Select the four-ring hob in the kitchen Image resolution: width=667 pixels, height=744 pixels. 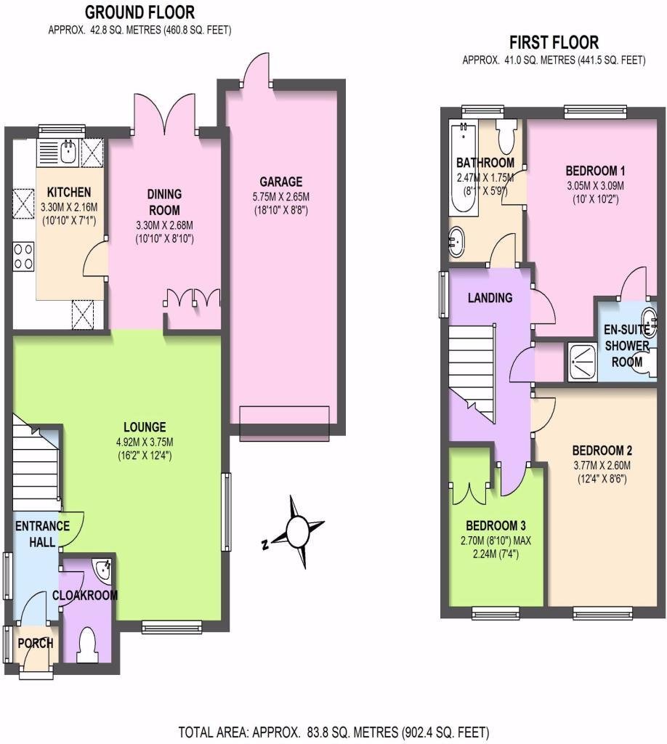pos(23,256)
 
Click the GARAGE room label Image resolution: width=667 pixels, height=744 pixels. pos(281,181)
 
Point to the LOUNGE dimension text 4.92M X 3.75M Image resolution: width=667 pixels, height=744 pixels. pos(145,442)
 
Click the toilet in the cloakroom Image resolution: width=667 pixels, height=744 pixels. pos(87,645)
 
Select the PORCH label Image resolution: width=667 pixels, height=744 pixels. pos(36,644)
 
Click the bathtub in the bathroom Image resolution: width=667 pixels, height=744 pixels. pos(464,169)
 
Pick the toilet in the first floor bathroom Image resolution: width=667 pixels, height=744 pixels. pos(505,135)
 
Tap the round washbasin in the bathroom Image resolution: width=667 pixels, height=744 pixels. pos(457,242)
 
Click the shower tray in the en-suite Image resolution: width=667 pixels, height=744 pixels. pos(583,362)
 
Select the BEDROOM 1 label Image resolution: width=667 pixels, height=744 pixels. pos(595,170)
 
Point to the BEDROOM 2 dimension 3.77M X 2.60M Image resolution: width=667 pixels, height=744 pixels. pos(602,466)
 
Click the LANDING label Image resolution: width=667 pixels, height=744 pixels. pos(490,297)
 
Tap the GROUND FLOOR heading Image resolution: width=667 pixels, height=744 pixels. pos(140,12)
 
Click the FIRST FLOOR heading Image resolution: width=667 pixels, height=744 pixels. pos(554,42)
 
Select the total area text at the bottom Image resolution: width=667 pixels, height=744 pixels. pos(333,732)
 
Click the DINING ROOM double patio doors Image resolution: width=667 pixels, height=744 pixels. pos(165,114)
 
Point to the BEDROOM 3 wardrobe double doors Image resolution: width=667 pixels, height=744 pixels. pos(470,493)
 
